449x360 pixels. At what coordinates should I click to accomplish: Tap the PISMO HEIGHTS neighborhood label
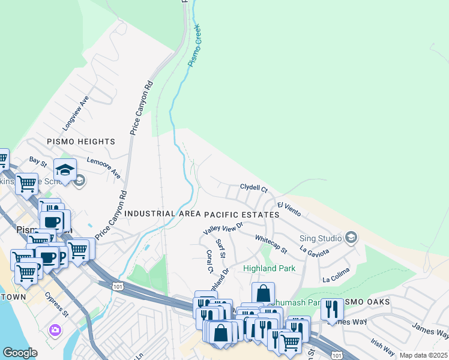[x=81, y=142]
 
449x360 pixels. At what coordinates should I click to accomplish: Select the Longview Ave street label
[x=76, y=113]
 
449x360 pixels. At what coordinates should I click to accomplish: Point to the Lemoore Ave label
[x=104, y=167]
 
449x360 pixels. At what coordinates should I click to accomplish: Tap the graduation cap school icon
[x=65, y=170]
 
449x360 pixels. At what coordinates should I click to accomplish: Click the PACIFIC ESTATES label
[x=242, y=214]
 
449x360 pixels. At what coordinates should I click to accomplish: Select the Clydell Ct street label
[x=254, y=188]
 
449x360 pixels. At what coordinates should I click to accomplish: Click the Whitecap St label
[x=271, y=244]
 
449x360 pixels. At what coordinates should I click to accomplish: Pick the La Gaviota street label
[x=315, y=249]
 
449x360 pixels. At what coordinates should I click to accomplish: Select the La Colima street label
[x=335, y=278]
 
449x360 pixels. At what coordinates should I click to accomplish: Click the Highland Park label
[x=270, y=268]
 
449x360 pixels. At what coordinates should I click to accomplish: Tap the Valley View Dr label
[x=223, y=228]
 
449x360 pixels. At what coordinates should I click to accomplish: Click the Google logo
[x=20, y=353]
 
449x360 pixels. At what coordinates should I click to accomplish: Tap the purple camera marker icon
[x=55, y=330]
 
